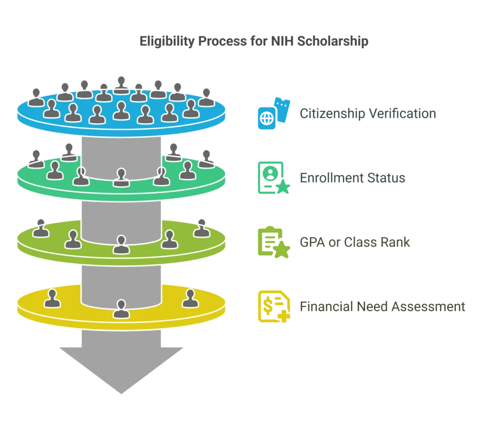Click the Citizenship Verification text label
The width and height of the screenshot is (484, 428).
point(368,114)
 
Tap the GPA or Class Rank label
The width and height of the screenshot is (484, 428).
point(355,243)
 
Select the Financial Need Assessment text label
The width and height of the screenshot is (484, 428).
point(383,307)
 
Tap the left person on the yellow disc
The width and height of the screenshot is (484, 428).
point(52,298)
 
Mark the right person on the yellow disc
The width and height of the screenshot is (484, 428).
point(190,298)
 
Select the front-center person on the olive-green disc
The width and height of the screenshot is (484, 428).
point(121,245)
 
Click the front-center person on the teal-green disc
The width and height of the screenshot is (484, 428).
point(121,177)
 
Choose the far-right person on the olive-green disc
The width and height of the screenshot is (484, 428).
point(202,227)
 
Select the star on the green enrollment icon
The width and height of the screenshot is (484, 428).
point(285,190)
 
